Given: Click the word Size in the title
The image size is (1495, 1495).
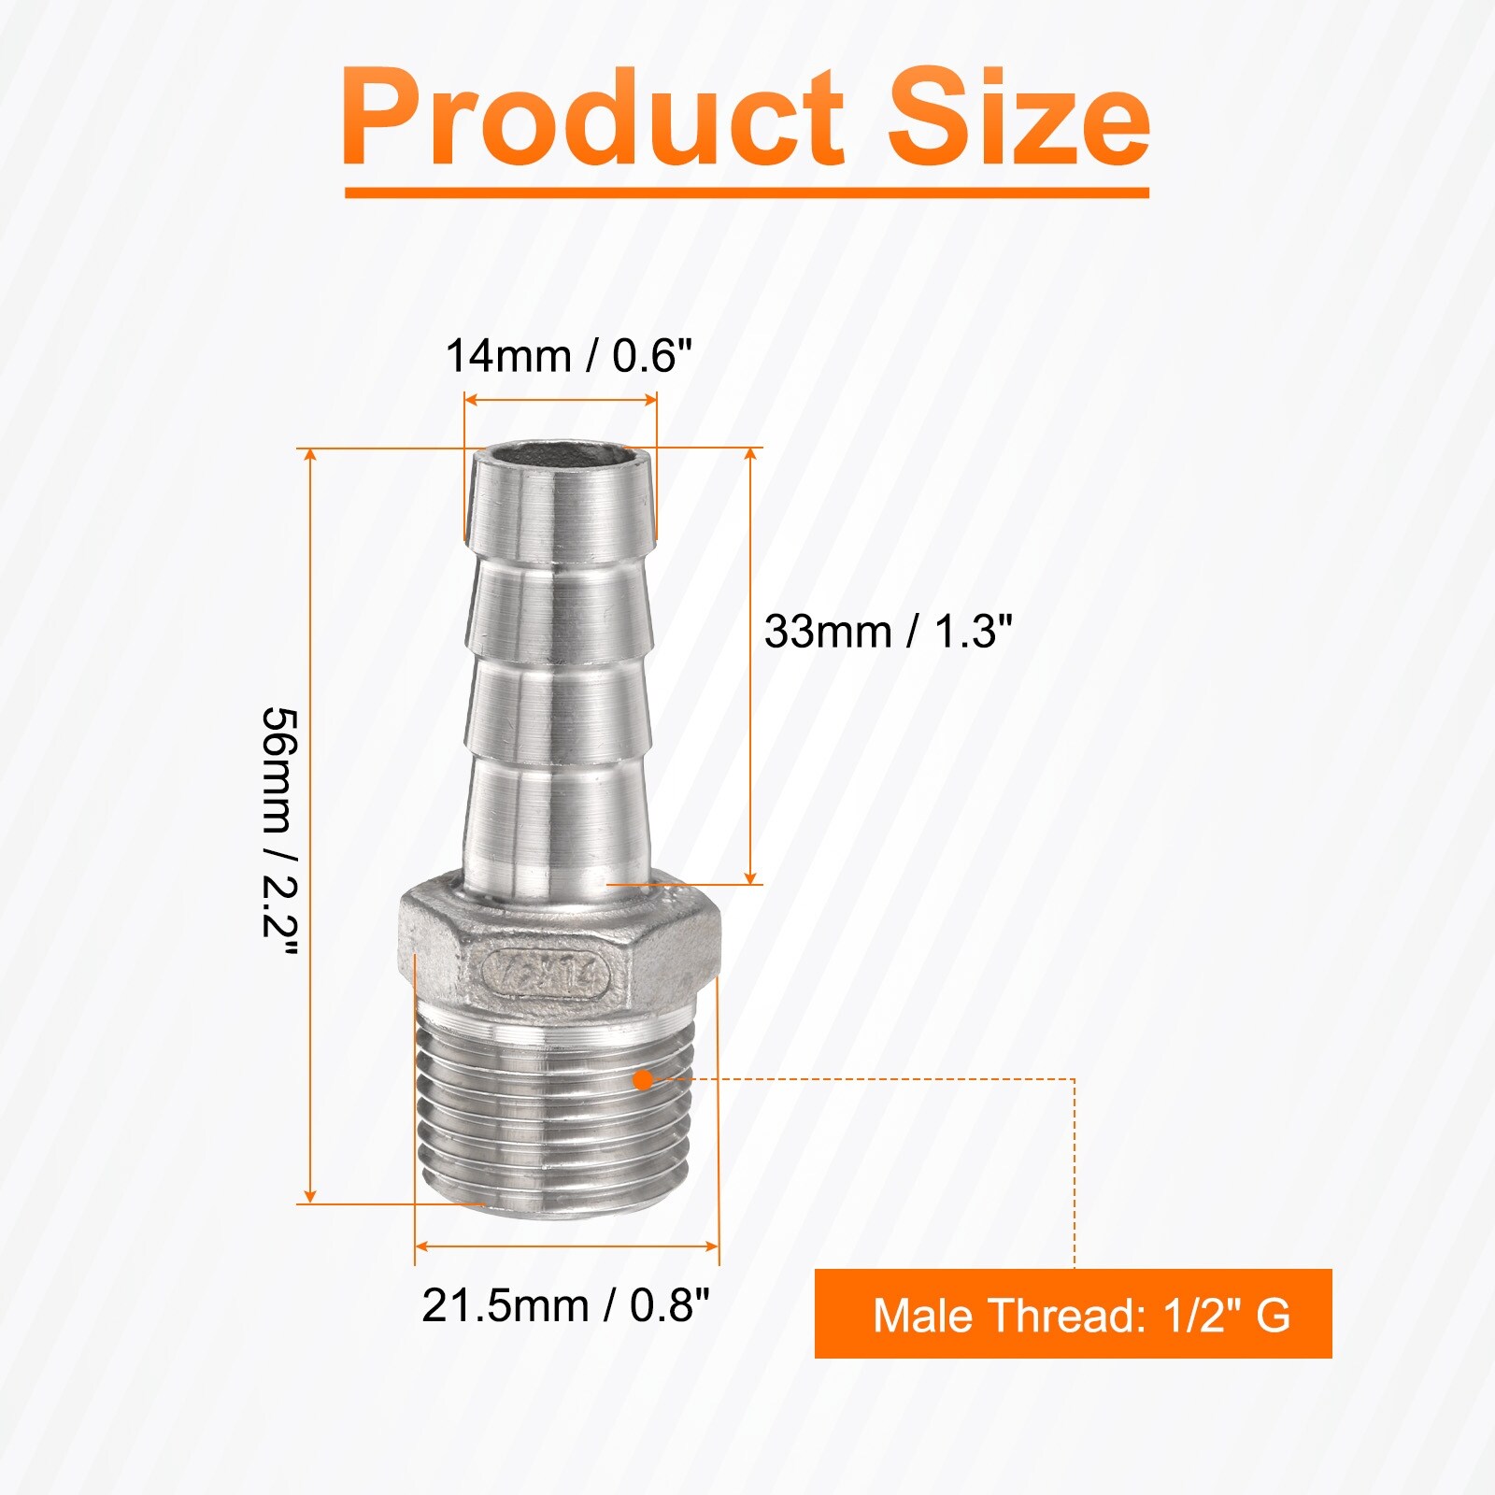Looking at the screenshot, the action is (x=1019, y=118).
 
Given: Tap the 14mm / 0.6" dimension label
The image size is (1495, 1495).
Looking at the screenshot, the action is (x=569, y=356).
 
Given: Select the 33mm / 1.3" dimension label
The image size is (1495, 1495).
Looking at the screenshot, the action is (x=889, y=632).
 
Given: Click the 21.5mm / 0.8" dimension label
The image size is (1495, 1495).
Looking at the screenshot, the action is (x=566, y=1305).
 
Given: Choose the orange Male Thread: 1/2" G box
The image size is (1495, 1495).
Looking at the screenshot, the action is (x=1073, y=1314).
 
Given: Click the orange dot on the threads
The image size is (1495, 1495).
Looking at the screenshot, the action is (x=643, y=1080).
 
